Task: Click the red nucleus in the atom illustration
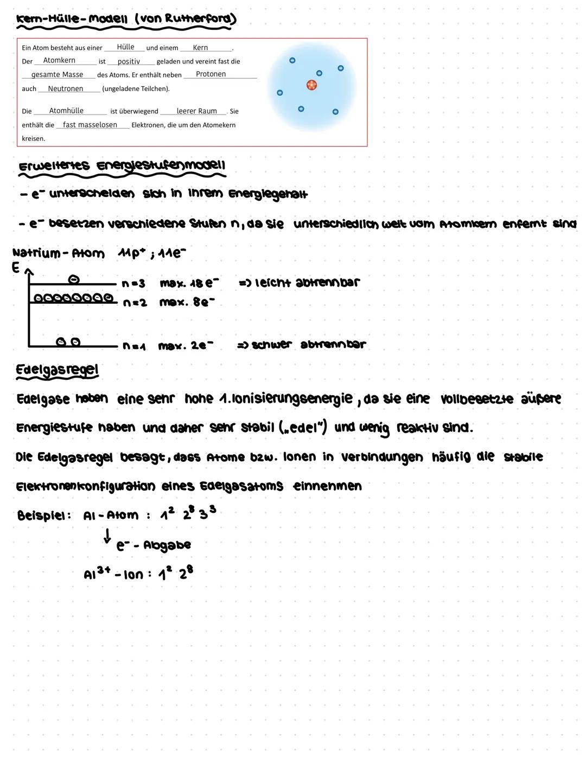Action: (311, 85)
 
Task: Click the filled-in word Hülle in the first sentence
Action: (125, 47)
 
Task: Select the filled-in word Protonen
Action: (211, 74)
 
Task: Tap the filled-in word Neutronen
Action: (66, 88)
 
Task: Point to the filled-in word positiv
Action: (129, 61)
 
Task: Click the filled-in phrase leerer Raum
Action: (196, 111)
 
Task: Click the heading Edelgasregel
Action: (58, 370)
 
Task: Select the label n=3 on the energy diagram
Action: (133, 283)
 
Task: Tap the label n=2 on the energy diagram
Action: (135, 303)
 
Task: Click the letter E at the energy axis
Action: (16, 268)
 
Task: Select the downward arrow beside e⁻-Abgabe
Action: (107, 537)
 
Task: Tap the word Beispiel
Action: (43, 516)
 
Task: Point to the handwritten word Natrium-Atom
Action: (58, 253)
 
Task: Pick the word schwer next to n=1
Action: (271, 345)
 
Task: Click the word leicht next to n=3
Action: (273, 283)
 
